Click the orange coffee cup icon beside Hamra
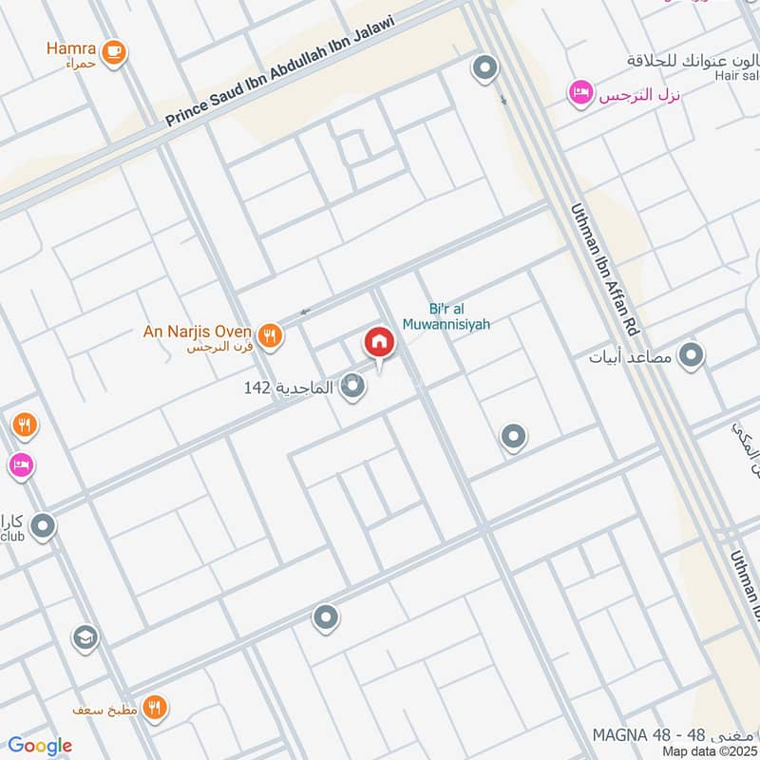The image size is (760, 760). coord(114,51)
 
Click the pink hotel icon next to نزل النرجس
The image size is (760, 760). coord(578,93)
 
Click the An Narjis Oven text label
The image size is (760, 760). coord(197,332)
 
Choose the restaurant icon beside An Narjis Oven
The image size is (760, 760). coord(271,334)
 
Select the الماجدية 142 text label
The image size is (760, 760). coord(289,388)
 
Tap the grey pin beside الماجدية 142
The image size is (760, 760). coord(353,387)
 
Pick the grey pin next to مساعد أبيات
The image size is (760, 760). coord(693,356)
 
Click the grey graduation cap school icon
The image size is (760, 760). coord(85,636)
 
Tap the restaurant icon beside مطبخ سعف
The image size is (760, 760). coord(157,708)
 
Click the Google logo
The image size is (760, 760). coord(40,746)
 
